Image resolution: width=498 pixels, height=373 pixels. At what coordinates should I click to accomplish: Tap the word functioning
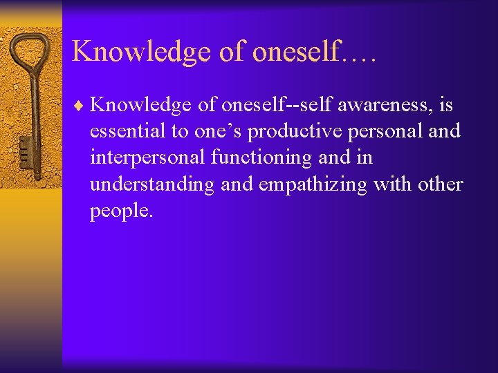click(x=262, y=157)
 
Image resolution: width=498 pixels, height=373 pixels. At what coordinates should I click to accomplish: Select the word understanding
click(x=145, y=184)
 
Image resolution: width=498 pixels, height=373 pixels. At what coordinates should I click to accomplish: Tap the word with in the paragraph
click(x=394, y=184)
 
